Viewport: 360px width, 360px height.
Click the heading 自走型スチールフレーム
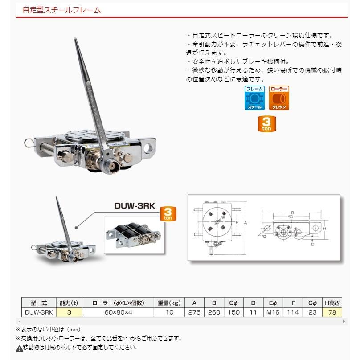point(62,9)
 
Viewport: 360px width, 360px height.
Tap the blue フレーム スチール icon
point(255,98)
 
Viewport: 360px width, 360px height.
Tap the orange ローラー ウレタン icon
point(279,98)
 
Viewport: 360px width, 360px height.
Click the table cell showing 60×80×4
point(119,312)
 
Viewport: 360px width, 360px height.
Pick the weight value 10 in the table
point(169,312)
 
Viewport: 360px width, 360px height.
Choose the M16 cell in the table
point(272,312)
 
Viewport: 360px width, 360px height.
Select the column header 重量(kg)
point(169,303)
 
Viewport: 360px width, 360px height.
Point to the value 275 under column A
point(194,312)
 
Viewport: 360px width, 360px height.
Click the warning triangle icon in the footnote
point(19,348)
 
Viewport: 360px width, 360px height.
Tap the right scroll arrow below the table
point(344,321)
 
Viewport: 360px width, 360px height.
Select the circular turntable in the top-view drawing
point(217,221)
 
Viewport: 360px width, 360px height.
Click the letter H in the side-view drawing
point(325,229)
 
